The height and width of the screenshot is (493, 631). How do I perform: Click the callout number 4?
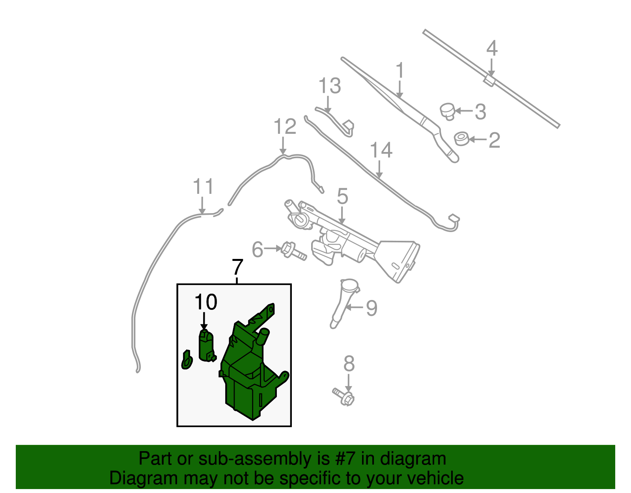click(x=492, y=48)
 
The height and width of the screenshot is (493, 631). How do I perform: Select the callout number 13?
click(x=330, y=86)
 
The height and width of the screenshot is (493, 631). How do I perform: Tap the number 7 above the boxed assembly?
click(x=237, y=267)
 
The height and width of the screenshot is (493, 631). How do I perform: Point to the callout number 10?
click(x=206, y=302)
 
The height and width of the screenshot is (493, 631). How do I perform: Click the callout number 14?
click(x=381, y=150)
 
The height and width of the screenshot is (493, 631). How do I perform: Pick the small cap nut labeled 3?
click(x=447, y=111)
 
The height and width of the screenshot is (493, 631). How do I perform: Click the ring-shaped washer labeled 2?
click(x=461, y=139)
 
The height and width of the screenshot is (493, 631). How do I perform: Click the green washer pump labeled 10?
click(x=207, y=346)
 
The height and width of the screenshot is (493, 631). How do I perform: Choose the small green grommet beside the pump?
click(x=187, y=360)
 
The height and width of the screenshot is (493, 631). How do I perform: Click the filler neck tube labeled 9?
click(x=344, y=303)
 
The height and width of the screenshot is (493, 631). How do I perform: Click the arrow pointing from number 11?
click(x=202, y=205)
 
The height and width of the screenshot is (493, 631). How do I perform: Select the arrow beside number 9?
click(x=354, y=307)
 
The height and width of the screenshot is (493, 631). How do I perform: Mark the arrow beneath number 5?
click(x=342, y=215)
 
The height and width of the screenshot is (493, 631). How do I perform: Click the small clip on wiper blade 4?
click(x=489, y=81)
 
